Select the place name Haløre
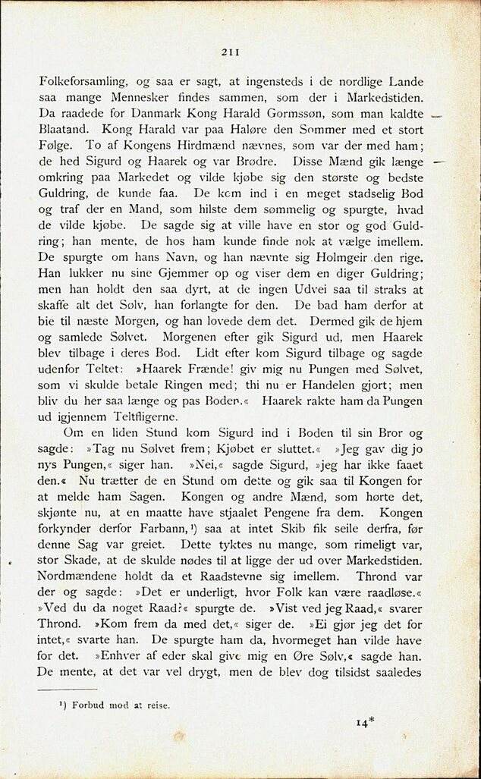tap(223, 129)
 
